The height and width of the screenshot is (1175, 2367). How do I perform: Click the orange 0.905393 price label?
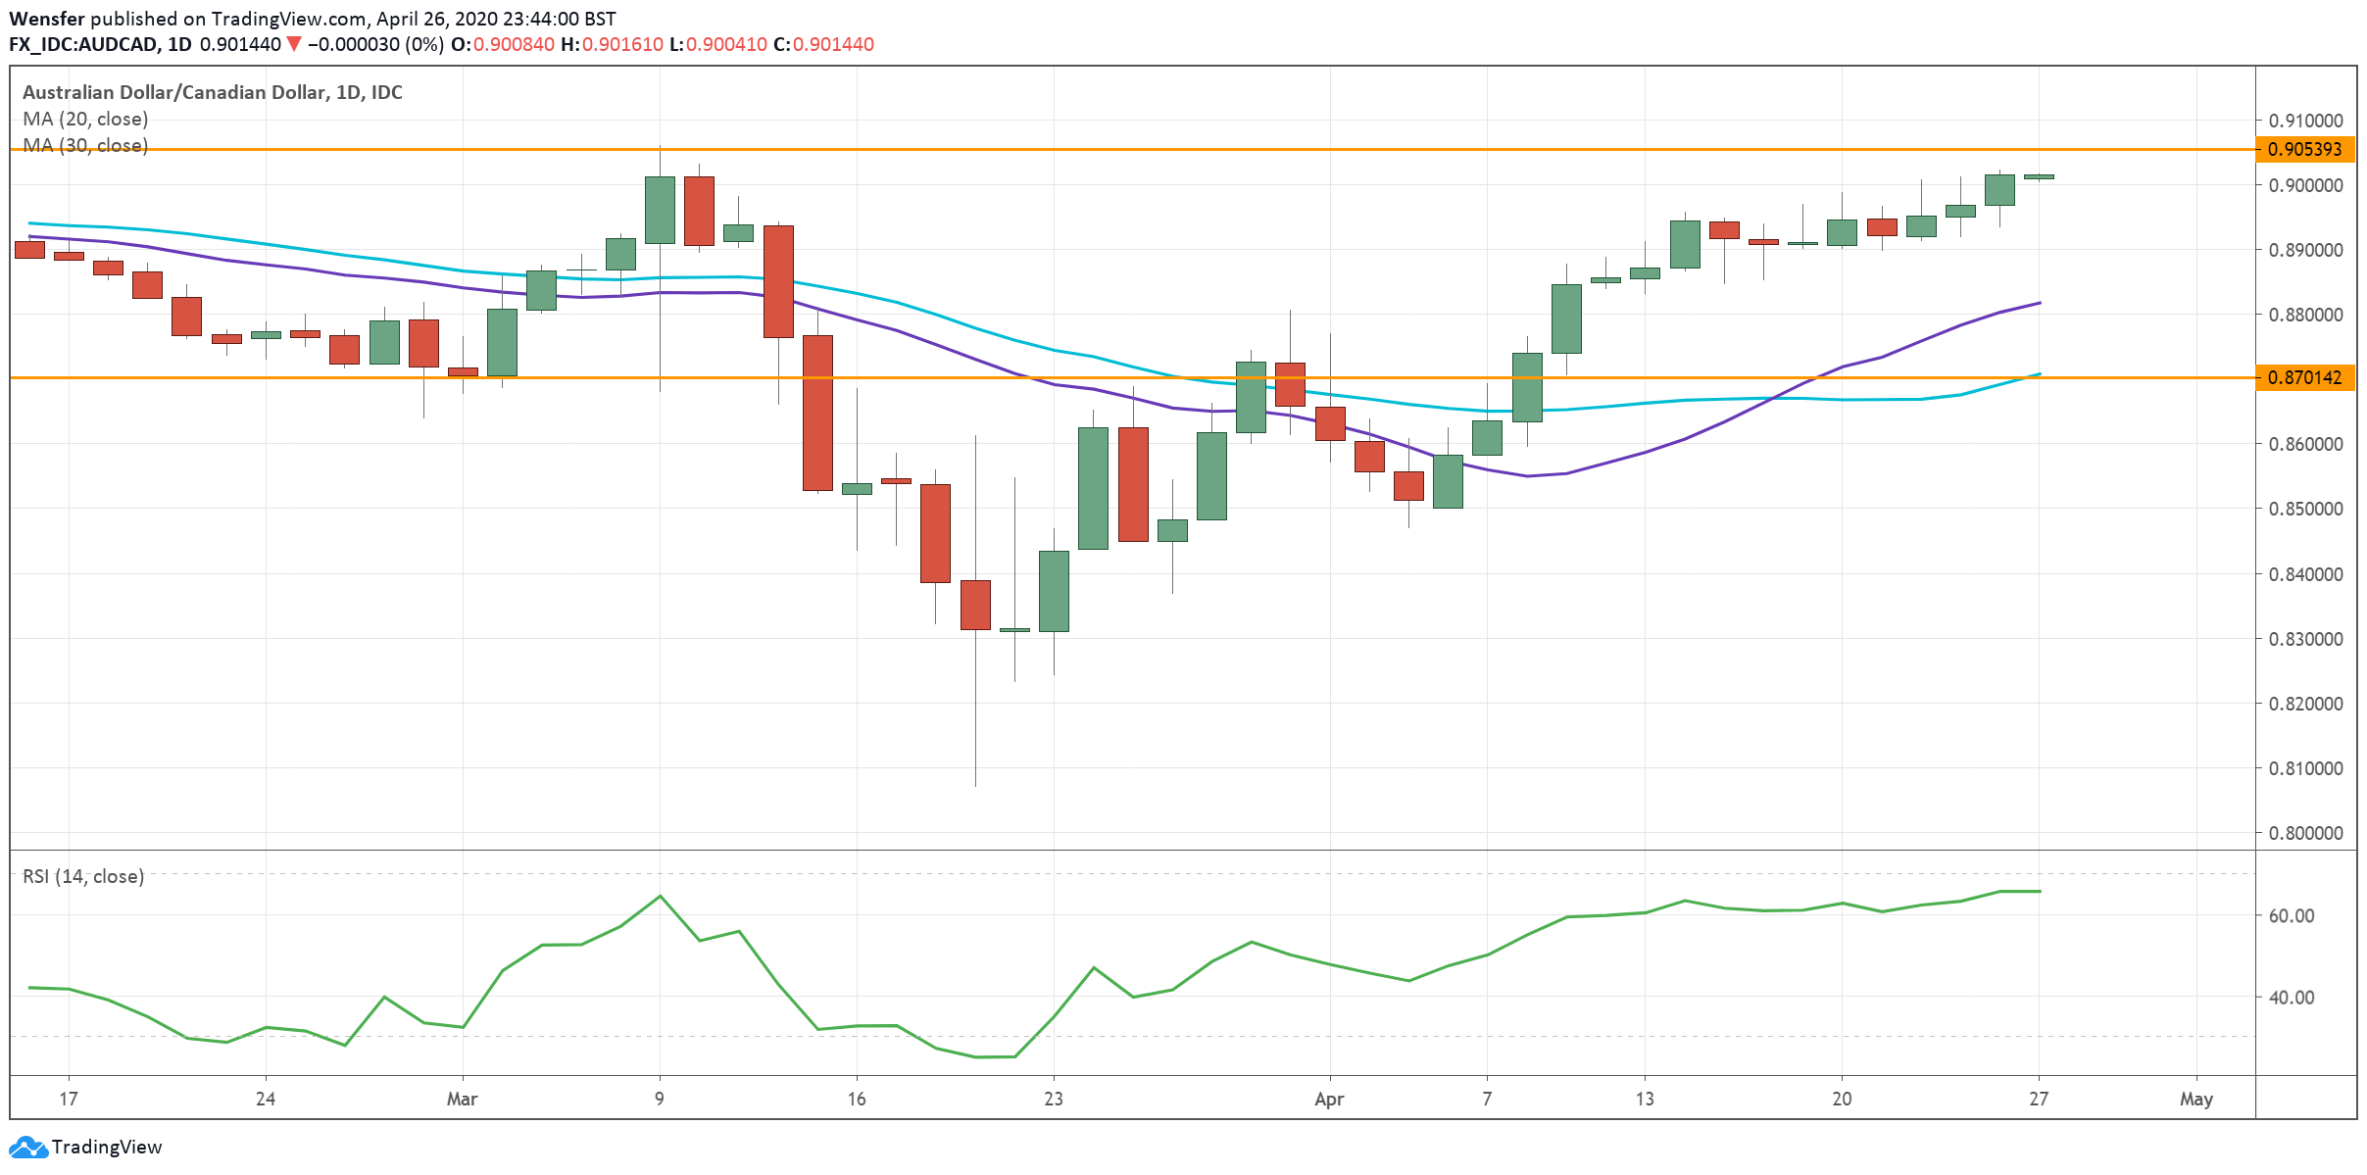coord(2305,149)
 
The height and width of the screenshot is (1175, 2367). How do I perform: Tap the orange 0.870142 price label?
coord(2305,377)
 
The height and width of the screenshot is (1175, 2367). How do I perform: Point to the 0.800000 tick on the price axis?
coord(2305,833)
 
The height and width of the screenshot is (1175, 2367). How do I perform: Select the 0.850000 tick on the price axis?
coord(2305,509)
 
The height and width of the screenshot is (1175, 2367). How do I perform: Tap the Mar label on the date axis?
coord(462,1099)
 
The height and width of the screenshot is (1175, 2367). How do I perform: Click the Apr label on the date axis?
coord(1328,1099)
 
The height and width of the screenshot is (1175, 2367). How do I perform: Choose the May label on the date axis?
coord(2195,1099)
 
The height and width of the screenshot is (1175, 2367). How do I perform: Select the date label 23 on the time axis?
coord(1053,1099)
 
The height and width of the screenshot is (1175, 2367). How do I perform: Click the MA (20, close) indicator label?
coord(85,119)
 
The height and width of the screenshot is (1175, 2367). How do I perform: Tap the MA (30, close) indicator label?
coord(85,145)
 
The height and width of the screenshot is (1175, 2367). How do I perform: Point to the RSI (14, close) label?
coord(83,876)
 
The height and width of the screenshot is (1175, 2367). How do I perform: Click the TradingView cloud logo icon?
coord(27,1147)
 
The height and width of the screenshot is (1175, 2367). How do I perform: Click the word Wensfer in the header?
coord(47,19)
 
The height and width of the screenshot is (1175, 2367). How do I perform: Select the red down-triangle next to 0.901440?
coord(293,44)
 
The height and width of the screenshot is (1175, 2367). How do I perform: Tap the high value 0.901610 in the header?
coord(622,44)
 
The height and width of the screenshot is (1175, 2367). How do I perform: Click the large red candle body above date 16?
coord(817,413)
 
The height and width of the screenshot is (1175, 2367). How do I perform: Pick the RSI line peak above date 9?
coord(660,896)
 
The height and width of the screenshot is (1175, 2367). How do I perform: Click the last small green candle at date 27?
coord(2039,176)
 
